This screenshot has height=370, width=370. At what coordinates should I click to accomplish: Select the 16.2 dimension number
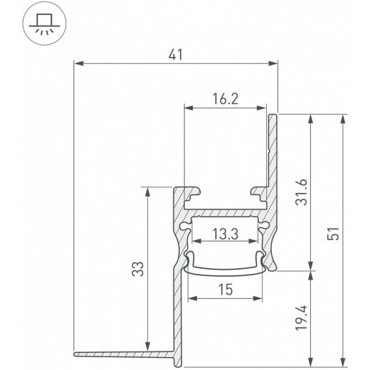point(224,100)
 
